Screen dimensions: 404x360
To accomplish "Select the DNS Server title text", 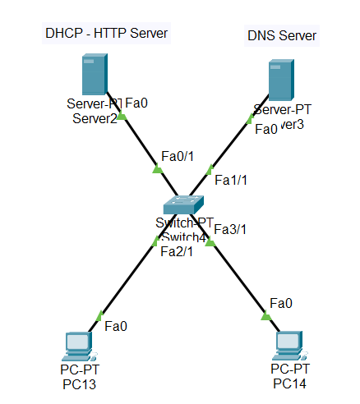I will pos(282,36).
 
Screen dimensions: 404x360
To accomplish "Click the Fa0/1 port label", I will pos(178,155).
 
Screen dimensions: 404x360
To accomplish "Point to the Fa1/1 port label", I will pos(230,179).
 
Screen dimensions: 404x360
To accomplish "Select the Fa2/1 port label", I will pos(176,251).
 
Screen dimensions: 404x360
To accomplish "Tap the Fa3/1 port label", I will pos(231,230).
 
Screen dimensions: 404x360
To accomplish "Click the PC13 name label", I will pos(80,383).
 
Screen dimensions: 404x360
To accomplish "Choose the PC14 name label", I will pos(291,383).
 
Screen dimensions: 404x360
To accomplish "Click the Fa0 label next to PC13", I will pos(116,326).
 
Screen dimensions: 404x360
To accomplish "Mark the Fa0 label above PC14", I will pos(282,303).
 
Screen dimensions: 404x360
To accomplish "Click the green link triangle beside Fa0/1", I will pos(157,169).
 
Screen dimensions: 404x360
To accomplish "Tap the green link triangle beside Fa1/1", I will pos(210,169).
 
